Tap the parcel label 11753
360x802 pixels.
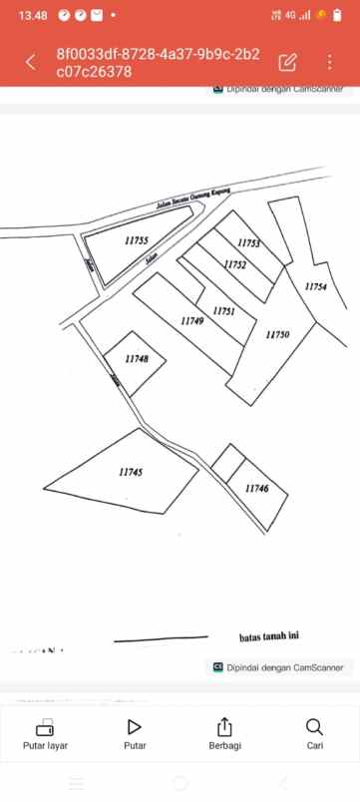(x=249, y=243)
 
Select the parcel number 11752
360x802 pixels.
(x=235, y=264)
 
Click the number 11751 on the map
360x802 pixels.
(x=224, y=311)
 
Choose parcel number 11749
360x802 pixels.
(x=192, y=321)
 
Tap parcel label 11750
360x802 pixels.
(x=277, y=335)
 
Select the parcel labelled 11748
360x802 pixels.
(x=138, y=359)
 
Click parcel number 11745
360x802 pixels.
(x=131, y=472)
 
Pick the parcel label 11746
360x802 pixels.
(x=256, y=488)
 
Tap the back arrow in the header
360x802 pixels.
(x=30, y=62)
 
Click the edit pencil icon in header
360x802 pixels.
(x=288, y=62)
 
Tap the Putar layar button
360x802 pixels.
(x=45, y=734)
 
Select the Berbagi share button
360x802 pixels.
(x=224, y=734)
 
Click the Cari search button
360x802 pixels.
(x=314, y=734)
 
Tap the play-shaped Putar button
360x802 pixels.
(x=135, y=734)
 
